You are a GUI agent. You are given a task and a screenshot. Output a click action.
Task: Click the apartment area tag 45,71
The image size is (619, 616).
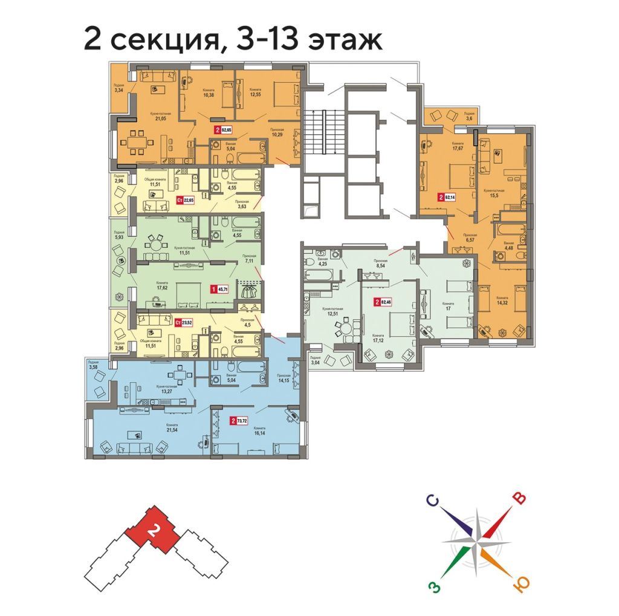point(222,290)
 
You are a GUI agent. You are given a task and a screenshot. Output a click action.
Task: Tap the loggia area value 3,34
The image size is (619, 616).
point(118,91)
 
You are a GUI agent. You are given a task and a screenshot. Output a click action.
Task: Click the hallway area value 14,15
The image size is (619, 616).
point(284,381)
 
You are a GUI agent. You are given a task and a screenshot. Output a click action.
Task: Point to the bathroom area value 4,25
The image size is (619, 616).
point(323,264)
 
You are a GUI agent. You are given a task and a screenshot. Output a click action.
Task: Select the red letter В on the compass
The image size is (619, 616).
point(519,498)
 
